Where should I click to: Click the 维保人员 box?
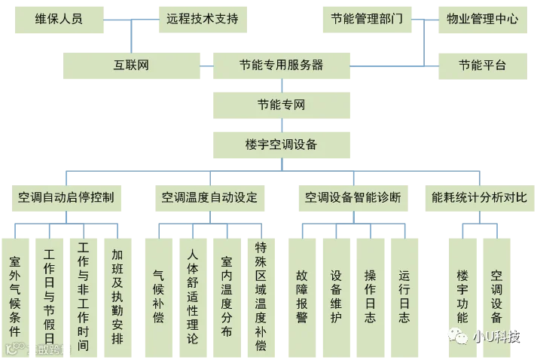[x=59, y=20]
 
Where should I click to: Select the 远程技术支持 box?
[x=202, y=20]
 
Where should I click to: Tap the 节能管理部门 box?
[x=367, y=20]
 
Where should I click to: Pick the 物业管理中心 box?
[x=482, y=20]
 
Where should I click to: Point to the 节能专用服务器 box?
[x=280, y=65]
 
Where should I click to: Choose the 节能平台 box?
[x=482, y=65]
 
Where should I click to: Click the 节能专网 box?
[x=281, y=106]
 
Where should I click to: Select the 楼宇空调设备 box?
[x=281, y=144]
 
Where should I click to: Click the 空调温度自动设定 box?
[x=209, y=198]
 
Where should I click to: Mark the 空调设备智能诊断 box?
[x=352, y=198]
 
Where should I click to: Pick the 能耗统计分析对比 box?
[x=479, y=198]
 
